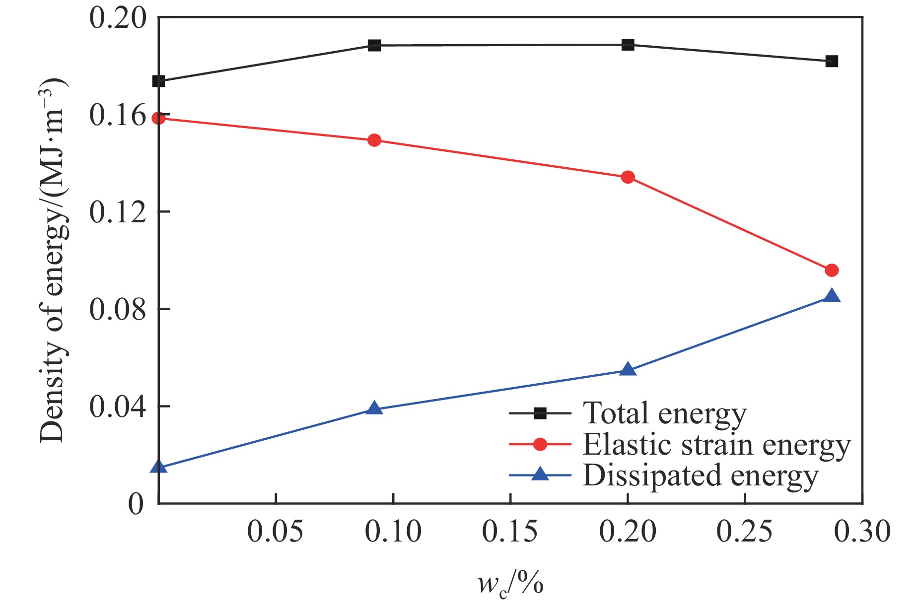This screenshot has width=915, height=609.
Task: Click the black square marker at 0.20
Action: tap(628, 45)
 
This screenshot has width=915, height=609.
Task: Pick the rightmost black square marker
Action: tap(832, 61)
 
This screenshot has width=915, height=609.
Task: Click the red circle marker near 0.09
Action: tap(374, 140)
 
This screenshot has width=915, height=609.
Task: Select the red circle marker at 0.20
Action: tap(628, 177)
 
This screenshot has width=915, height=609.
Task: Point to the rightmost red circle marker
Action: tap(832, 270)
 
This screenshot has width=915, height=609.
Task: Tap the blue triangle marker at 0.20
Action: tap(628, 369)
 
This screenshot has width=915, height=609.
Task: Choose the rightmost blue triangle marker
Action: tap(832, 296)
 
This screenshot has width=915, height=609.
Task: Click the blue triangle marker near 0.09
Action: tap(374, 408)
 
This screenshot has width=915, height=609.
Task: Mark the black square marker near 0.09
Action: tap(374, 45)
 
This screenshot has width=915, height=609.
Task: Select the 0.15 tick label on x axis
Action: tap(510, 532)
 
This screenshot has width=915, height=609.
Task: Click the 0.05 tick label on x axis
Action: tap(275, 532)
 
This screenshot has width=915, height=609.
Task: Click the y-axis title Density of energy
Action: tap(53, 260)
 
